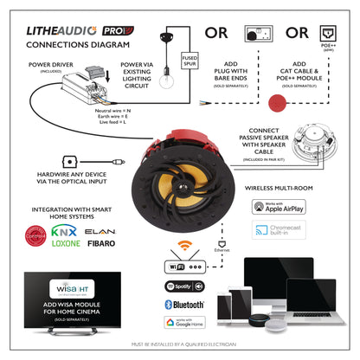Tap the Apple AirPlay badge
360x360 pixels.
tap(280, 208)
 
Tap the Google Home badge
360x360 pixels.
tap(185, 324)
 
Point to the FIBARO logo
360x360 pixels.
tap(102, 246)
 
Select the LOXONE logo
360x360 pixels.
tap(63, 246)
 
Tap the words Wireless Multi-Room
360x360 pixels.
tap(280, 185)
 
